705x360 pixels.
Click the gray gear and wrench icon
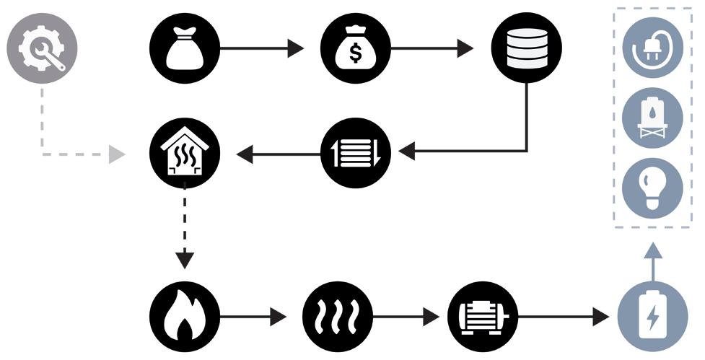42,49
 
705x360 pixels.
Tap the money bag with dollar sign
355,49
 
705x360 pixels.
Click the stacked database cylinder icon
526,49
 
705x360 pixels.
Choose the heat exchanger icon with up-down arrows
355,153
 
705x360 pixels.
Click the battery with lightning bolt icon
653,316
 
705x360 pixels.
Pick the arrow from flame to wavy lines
253,316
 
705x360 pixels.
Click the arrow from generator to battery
563,316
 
